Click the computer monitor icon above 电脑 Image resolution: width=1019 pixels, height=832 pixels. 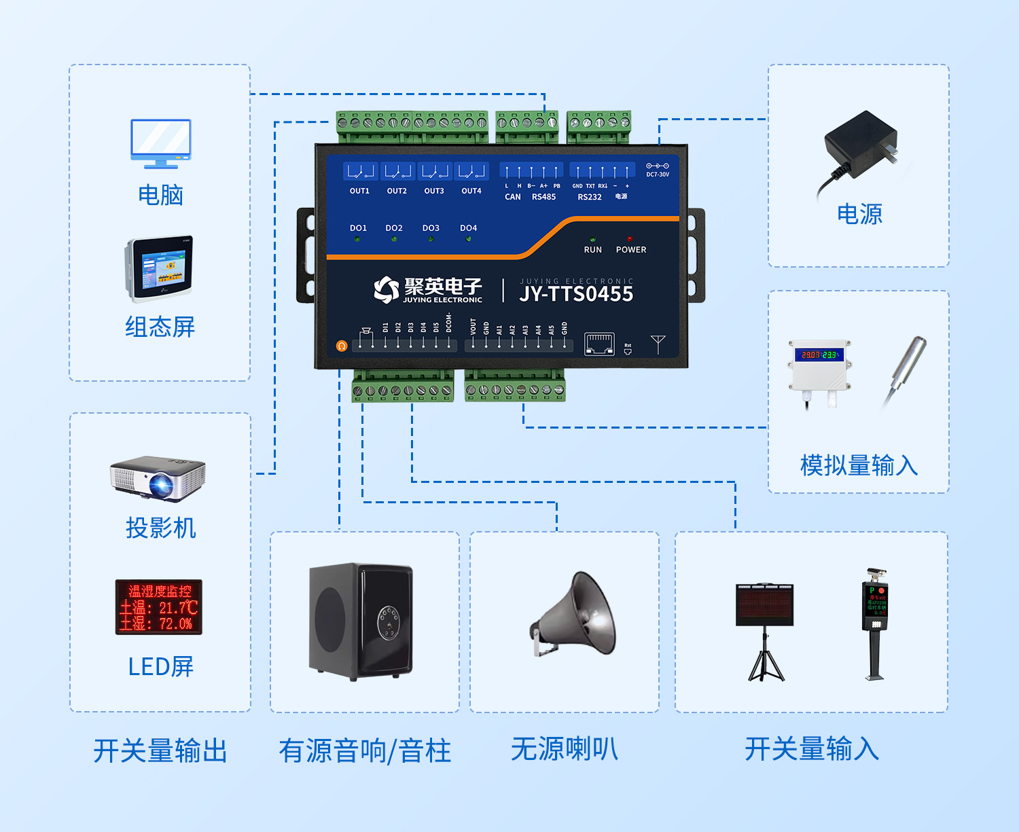[x=161, y=143]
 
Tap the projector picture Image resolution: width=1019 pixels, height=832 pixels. [x=158, y=478]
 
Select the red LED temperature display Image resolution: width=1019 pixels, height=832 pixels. [x=159, y=607]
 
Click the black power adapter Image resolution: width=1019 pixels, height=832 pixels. [x=860, y=147]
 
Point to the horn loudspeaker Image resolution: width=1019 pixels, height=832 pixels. [x=575, y=615]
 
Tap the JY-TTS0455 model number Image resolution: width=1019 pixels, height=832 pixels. [x=576, y=294]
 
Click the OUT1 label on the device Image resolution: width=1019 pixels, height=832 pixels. [x=359, y=191]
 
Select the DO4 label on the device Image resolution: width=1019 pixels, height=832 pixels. [x=468, y=228]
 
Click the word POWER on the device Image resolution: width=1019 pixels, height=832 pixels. [x=630, y=250]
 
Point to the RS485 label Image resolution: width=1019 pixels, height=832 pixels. [x=543, y=197]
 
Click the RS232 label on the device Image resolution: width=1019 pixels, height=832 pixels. [x=590, y=197]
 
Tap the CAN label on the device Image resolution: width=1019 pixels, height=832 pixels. [x=513, y=197]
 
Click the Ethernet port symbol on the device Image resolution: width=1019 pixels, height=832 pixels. [x=599, y=344]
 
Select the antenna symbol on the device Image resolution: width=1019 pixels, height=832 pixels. [x=658, y=344]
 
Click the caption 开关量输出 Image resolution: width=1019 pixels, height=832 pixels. [x=160, y=751]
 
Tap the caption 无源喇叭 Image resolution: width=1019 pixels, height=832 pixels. [x=565, y=750]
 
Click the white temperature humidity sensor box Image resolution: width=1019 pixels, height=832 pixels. [x=819, y=367]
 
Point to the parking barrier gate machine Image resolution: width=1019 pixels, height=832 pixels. [x=875, y=622]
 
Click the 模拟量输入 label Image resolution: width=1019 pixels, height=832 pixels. [x=859, y=466]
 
